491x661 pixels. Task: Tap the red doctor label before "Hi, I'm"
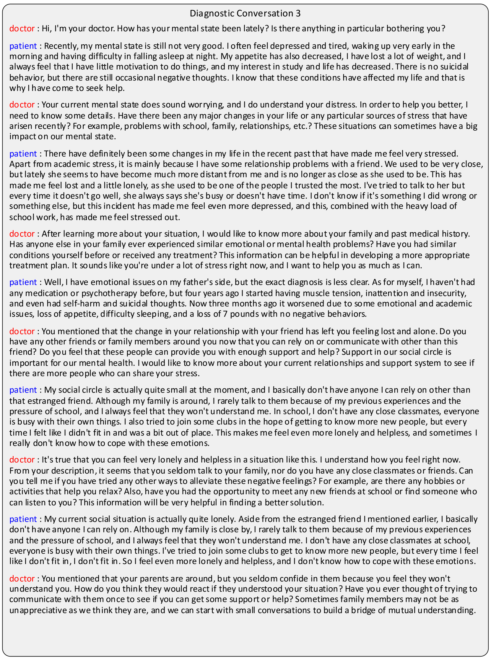22,29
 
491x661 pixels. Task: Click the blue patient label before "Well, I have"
23,282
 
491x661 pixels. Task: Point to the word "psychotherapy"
109,293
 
